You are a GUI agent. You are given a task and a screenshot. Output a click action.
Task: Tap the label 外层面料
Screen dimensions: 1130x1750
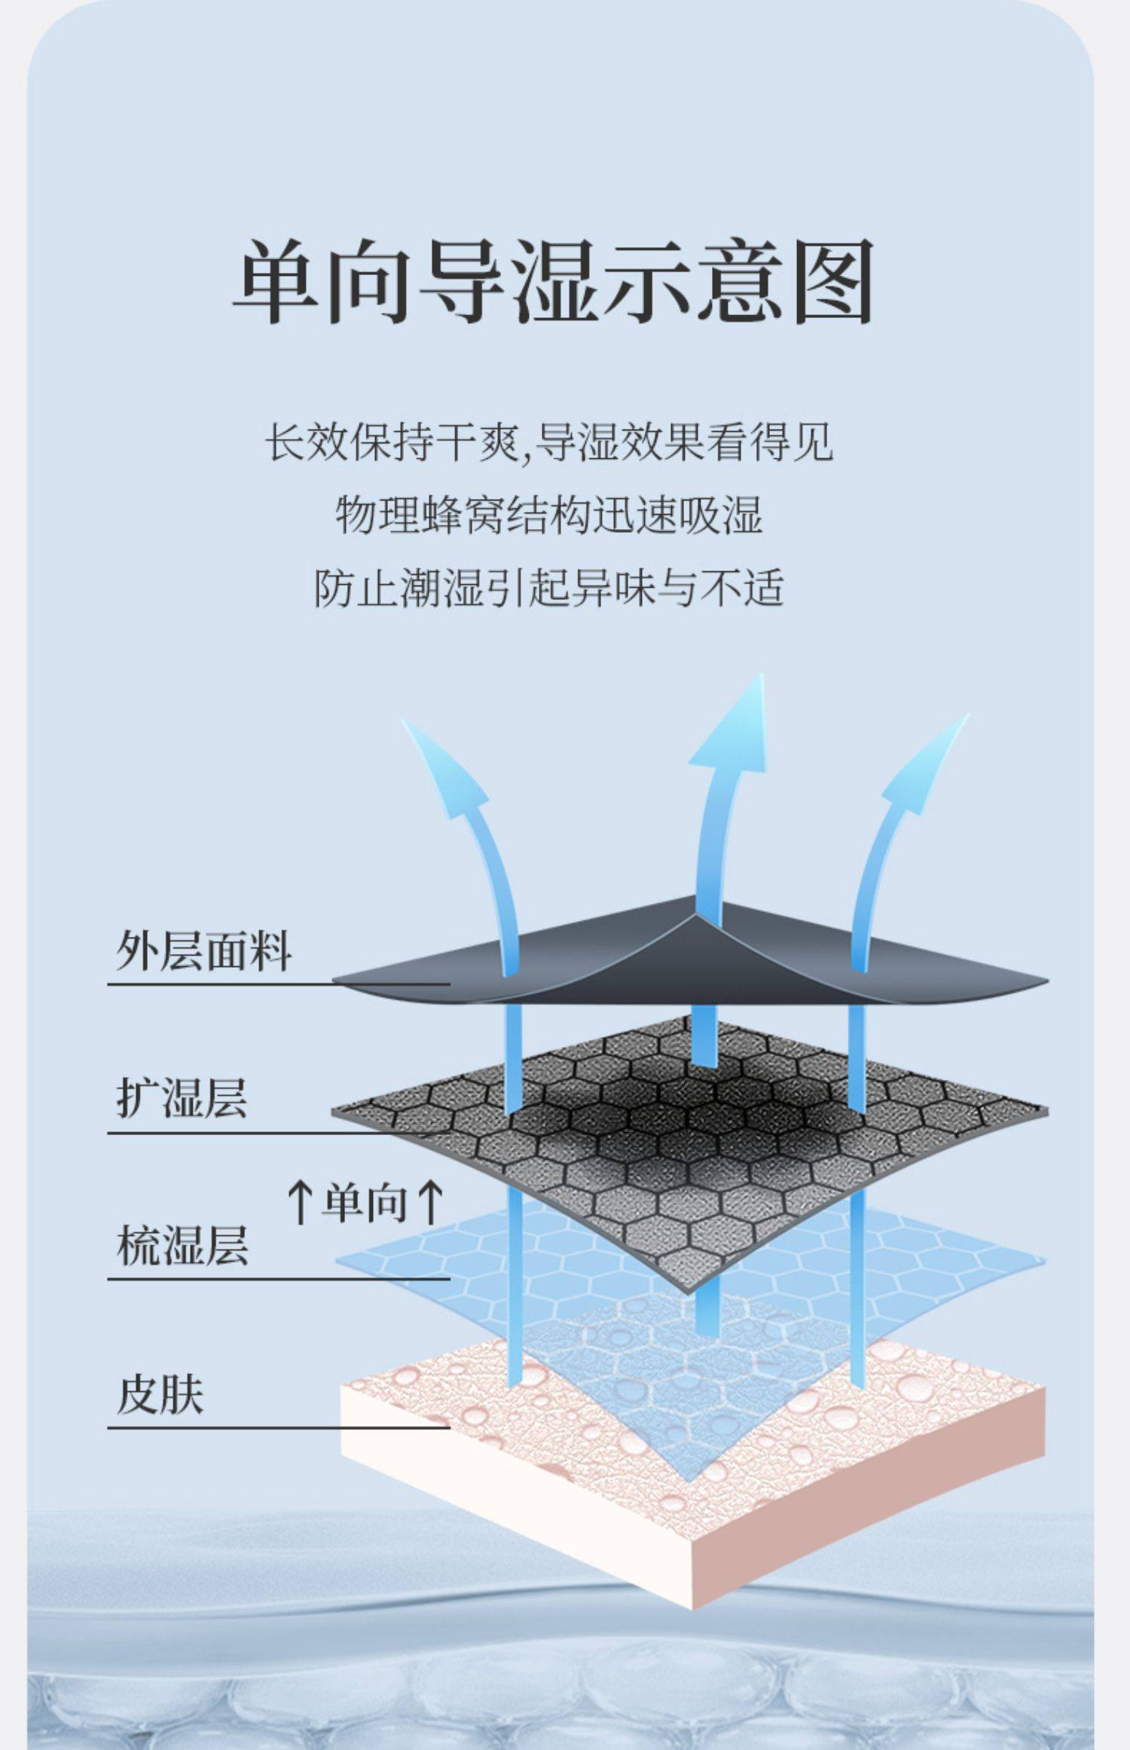click(x=203, y=950)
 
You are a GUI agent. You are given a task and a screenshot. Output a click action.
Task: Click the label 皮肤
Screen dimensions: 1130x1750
click(x=160, y=1394)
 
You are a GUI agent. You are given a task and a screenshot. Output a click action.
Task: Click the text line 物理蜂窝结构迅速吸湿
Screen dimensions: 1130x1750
click(x=548, y=516)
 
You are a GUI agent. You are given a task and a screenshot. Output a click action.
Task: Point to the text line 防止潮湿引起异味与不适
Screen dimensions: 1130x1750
click(x=548, y=588)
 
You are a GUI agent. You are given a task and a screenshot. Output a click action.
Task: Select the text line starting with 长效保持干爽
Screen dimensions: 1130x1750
click(x=548, y=442)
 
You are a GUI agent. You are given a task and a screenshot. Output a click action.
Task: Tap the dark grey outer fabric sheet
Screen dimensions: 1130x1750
click(x=603, y=972)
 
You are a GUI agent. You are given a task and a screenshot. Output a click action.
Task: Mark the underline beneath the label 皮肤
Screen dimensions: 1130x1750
click(x=279, y=1427)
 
